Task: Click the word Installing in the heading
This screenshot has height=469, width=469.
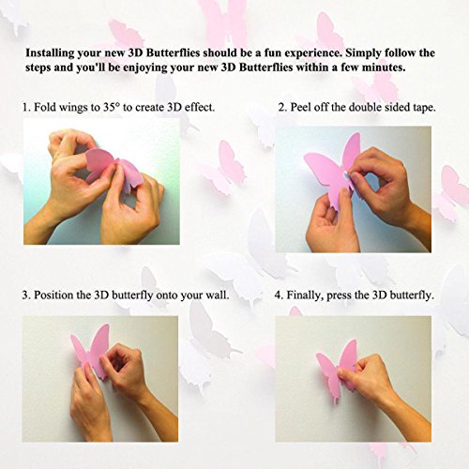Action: point(50,53)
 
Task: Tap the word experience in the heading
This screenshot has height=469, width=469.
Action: point(313,53)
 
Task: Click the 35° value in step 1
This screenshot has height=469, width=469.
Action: point(111,107)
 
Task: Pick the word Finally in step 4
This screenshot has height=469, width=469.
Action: point(305,295)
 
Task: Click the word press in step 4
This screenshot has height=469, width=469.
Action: point(337,296)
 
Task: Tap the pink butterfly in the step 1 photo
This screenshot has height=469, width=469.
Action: point(114,171)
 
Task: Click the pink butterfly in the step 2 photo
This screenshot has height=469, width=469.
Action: point(332,172)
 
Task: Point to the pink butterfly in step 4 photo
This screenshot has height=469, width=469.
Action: point(337,370)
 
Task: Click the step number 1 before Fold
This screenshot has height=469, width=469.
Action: point(25,108)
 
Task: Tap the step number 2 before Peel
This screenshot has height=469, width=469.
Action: point(282,108)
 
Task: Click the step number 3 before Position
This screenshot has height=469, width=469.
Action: point(26,295)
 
